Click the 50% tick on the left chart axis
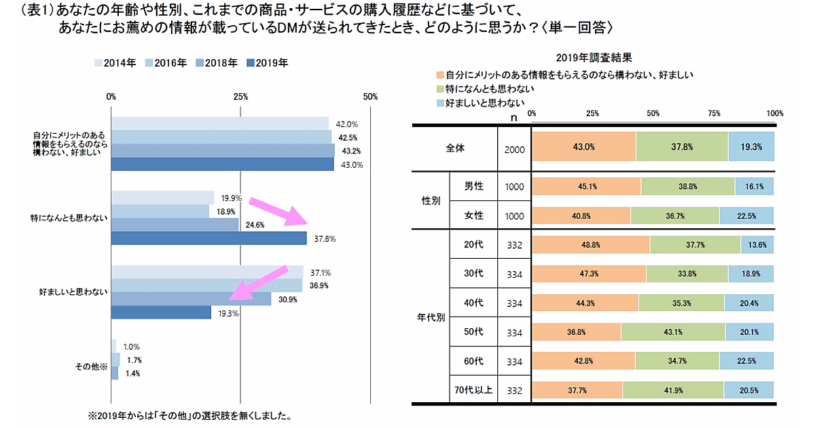tap(370, 96)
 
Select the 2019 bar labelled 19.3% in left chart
tap(161, 312)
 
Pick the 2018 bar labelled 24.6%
tap(175, 225)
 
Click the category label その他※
tap(91, 367)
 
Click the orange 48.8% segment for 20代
tap(591, 245)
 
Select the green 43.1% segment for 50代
tap(672, 332)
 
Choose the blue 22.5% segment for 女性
tap(746, 215)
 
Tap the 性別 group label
tap(431, 201)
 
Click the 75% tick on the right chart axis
tap(714, 113)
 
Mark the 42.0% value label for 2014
tap(347, 124)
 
